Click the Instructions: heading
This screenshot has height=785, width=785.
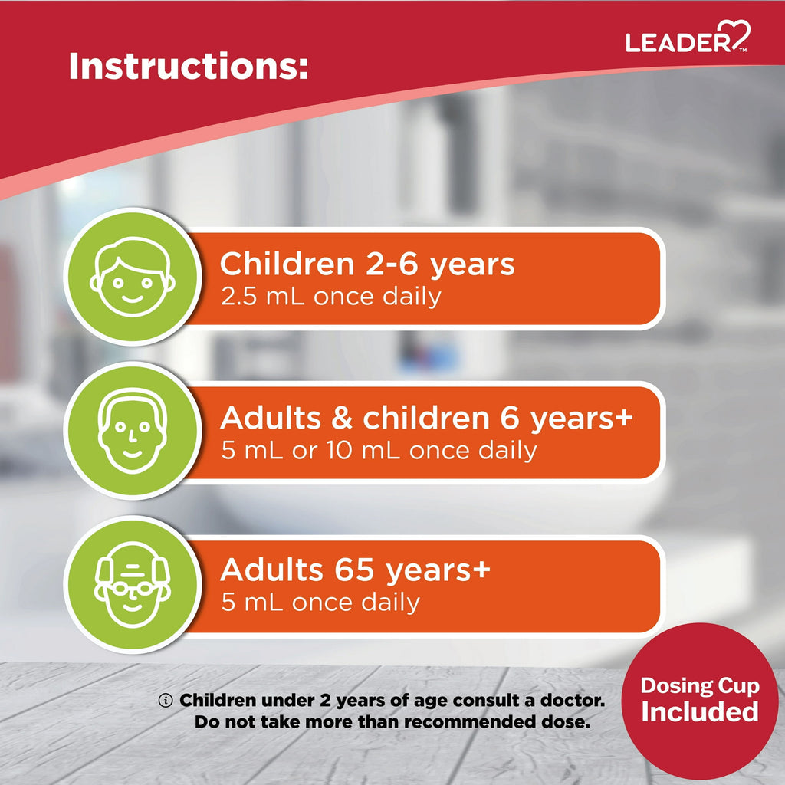tap(189, 66)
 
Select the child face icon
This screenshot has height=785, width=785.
tap(133, 277)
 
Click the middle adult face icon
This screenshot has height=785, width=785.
tap(133, 431)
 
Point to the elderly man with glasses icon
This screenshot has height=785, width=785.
tap(133, 584)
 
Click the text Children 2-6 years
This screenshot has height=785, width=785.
tap(367, 264)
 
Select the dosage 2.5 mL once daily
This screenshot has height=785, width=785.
tap(331, 297)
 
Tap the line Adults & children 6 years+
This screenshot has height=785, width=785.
tap(426, 418)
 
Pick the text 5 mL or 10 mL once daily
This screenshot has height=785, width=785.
tap(379, 450)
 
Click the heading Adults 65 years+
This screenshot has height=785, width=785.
tap(355, 570)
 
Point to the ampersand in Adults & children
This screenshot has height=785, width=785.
tap(342, 419)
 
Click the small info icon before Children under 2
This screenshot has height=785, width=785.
tap(166, 701)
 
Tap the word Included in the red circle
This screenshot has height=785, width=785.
tap(700, 711)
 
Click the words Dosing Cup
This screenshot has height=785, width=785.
tap(700, 686)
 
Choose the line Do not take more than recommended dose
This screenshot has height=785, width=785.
tap(392, 722)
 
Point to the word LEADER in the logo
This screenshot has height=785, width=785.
tap(679, 42)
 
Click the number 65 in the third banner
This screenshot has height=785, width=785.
tap(354, 570)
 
